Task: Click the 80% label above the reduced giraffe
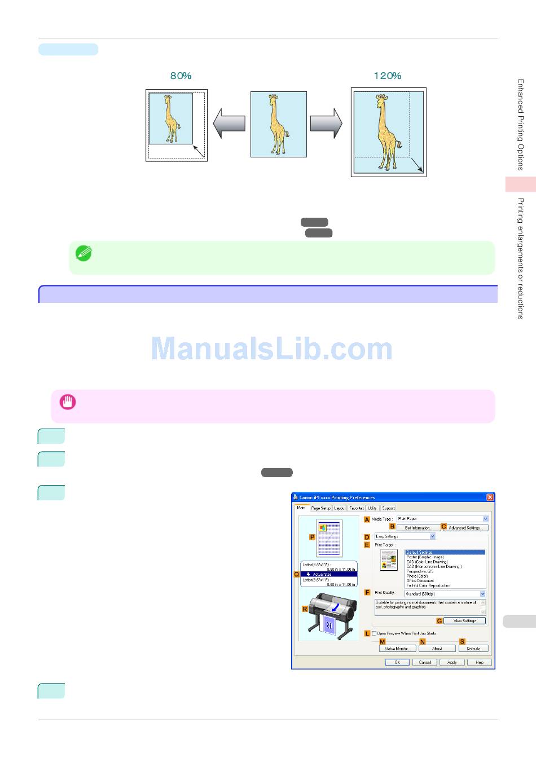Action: tap(181, 76)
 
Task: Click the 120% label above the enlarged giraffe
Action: tap(388, 76)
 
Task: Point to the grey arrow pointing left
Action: tap(229, 123)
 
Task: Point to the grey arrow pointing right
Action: tap(326, 123)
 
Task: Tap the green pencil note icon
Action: tap(84, 253)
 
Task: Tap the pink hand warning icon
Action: tap(68, 402)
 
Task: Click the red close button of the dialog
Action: tap(490, 497)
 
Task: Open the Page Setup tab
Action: tap(320, 508)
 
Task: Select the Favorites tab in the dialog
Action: tap(357, 508)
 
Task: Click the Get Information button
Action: tap(418, 528)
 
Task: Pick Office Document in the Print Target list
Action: tap(420, 581)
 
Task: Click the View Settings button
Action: tap(464, 621)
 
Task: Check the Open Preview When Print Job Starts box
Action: tap(374, 633)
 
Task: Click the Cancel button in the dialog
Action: tap(425, 663)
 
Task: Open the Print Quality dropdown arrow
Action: tap(483, 594)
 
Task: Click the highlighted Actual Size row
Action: tap(329, 574)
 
